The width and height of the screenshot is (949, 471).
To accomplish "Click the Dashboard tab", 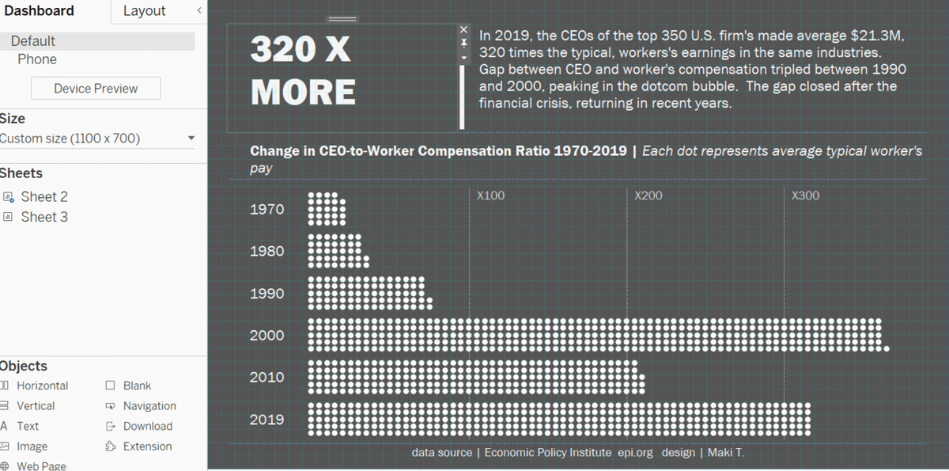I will point(40,11).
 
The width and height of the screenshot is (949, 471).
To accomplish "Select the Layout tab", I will point(144,11).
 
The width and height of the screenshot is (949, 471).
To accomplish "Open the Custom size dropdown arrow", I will point(191,139).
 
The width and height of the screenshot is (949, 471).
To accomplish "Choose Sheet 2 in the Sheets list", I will point(43,196).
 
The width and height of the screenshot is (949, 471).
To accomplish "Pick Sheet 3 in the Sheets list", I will point(43,217).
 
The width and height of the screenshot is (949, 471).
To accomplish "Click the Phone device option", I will point(37,59).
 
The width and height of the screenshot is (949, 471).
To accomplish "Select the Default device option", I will point(33,41).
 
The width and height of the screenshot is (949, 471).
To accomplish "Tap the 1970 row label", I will point(267,210).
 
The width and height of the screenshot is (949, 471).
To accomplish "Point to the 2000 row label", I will point(267,336).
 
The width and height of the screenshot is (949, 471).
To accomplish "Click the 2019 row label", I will point(267,420).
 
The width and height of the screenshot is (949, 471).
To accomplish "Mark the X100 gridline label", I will point(490,196).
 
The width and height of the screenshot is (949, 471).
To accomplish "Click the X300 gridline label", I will point(805,196).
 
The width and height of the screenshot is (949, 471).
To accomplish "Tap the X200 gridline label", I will point(648,196).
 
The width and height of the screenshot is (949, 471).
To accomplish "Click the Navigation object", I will point(149,406).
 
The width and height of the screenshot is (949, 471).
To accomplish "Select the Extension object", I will point(147,446).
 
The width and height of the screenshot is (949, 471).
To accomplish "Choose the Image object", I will point(32,446).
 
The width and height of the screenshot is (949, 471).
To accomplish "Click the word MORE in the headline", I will point(303,93).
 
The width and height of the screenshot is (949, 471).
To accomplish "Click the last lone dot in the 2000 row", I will point(887,348).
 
